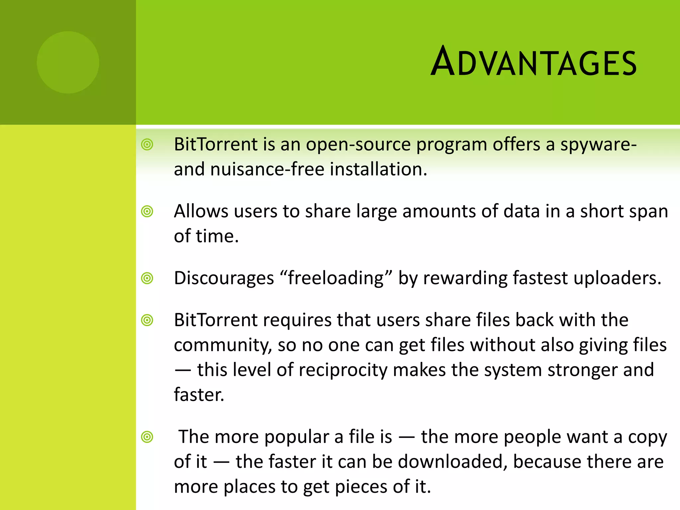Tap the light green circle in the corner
click(68, 62)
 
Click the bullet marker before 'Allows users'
click(147, 211)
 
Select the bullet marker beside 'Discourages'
click(147, 278)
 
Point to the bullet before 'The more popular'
click(147, 437)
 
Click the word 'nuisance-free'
click(267, 169)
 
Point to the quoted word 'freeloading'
click(336, 278)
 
